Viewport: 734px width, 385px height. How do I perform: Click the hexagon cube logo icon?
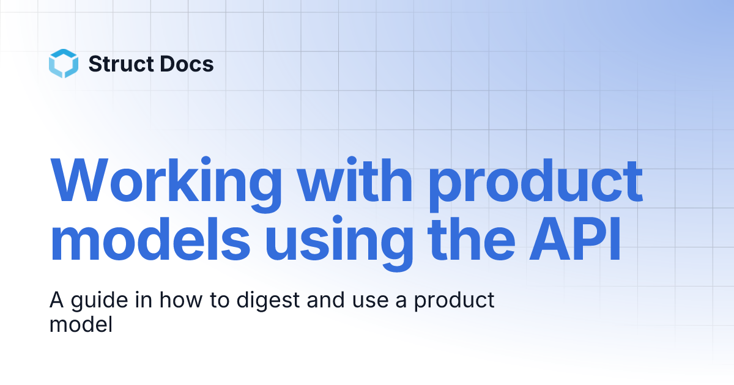click(x=64, y=64)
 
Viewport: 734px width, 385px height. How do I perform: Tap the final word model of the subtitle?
click(x=80, y=324)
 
